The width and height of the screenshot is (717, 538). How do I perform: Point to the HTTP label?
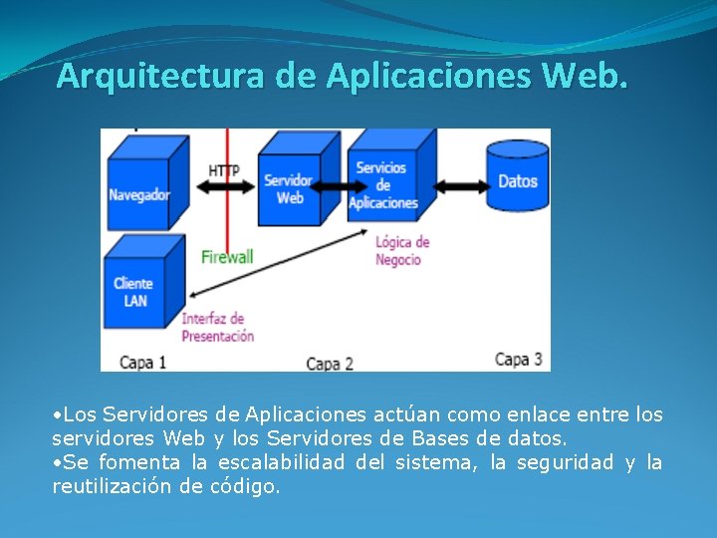(224, 170)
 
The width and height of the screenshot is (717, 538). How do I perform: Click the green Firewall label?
(227, 256)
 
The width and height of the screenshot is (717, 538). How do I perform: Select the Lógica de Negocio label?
(401, 251)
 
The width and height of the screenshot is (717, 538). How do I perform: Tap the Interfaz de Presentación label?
(217, 328)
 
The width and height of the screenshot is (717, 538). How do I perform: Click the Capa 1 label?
(142, 363)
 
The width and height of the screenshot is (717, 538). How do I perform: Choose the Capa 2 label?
(329, 364)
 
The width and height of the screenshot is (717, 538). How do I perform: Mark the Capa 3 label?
(518, 359)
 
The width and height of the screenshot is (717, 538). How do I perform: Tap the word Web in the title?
(588, 76)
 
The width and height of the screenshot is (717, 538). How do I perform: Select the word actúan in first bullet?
(403, 414)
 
